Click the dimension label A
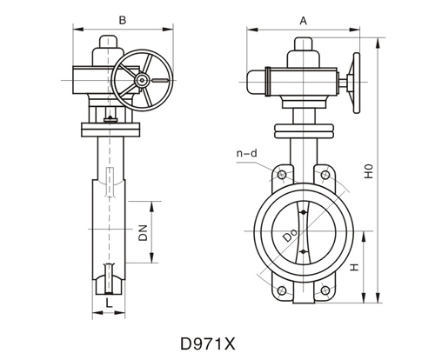click(x=303, y=18)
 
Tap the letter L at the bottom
click(x=107, y=301)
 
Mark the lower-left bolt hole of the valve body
click(x=280, y=290)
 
